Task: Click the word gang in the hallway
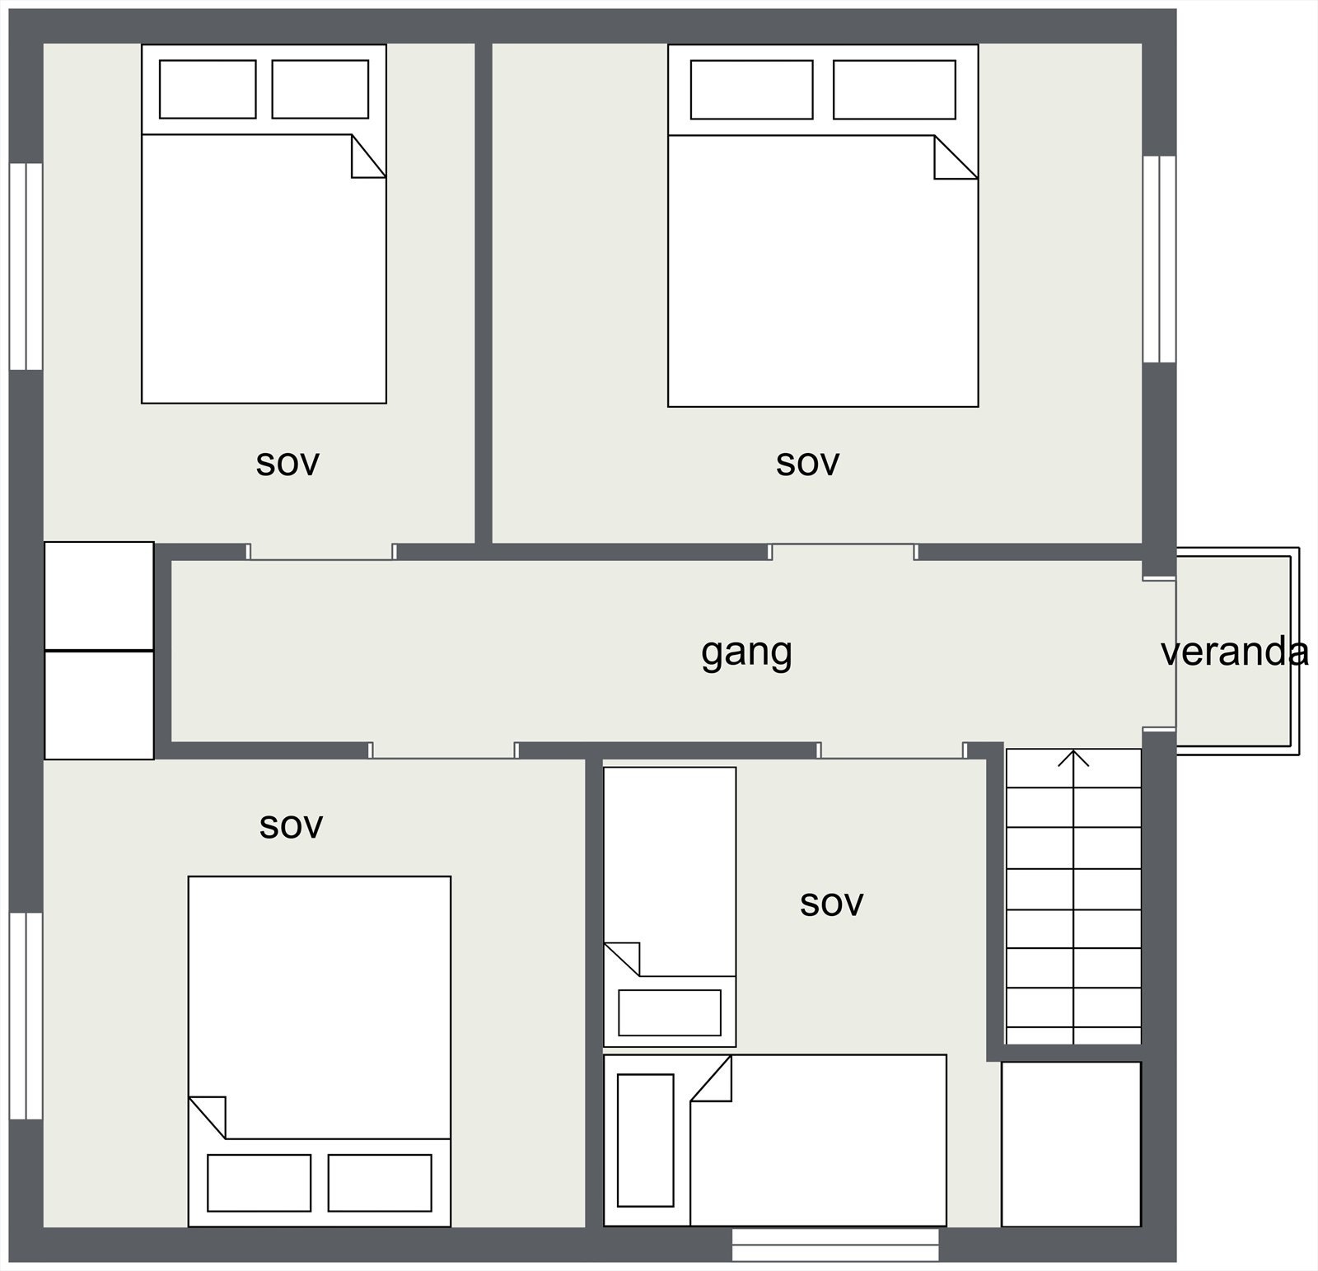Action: click(x=746, y=652)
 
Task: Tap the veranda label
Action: click(x=1234, y=652)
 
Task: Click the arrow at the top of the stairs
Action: click(x=1073, y=759)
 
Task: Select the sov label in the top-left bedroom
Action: click(x=287, y=463)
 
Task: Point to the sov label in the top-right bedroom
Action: click(x=807, y=463)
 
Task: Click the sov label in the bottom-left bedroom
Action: click(x=291, y=825)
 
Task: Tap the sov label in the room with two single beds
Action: click(x=831, y=904)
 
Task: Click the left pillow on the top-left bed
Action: click(x=208, y=89)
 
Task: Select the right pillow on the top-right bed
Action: click(x=894, y=89)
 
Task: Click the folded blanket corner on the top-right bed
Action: click(x=953, y=158)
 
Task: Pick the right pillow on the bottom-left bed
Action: click(x=380, y=1183)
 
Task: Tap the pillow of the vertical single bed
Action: click(x=669, y=1012)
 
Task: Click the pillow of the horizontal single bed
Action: click(x=645, y=1140)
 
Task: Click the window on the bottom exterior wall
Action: click(x=835, y=1244)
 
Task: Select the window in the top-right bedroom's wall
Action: click(x=1159, y=259)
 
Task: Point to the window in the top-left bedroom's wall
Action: click(x=26, y=266)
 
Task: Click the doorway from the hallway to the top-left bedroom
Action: click(x=320, y=552)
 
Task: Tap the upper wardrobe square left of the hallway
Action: click(x=99, y=596)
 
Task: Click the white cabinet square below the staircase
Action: click(x=1071, y=1143)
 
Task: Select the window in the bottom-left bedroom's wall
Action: click(x=26, y=1015)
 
